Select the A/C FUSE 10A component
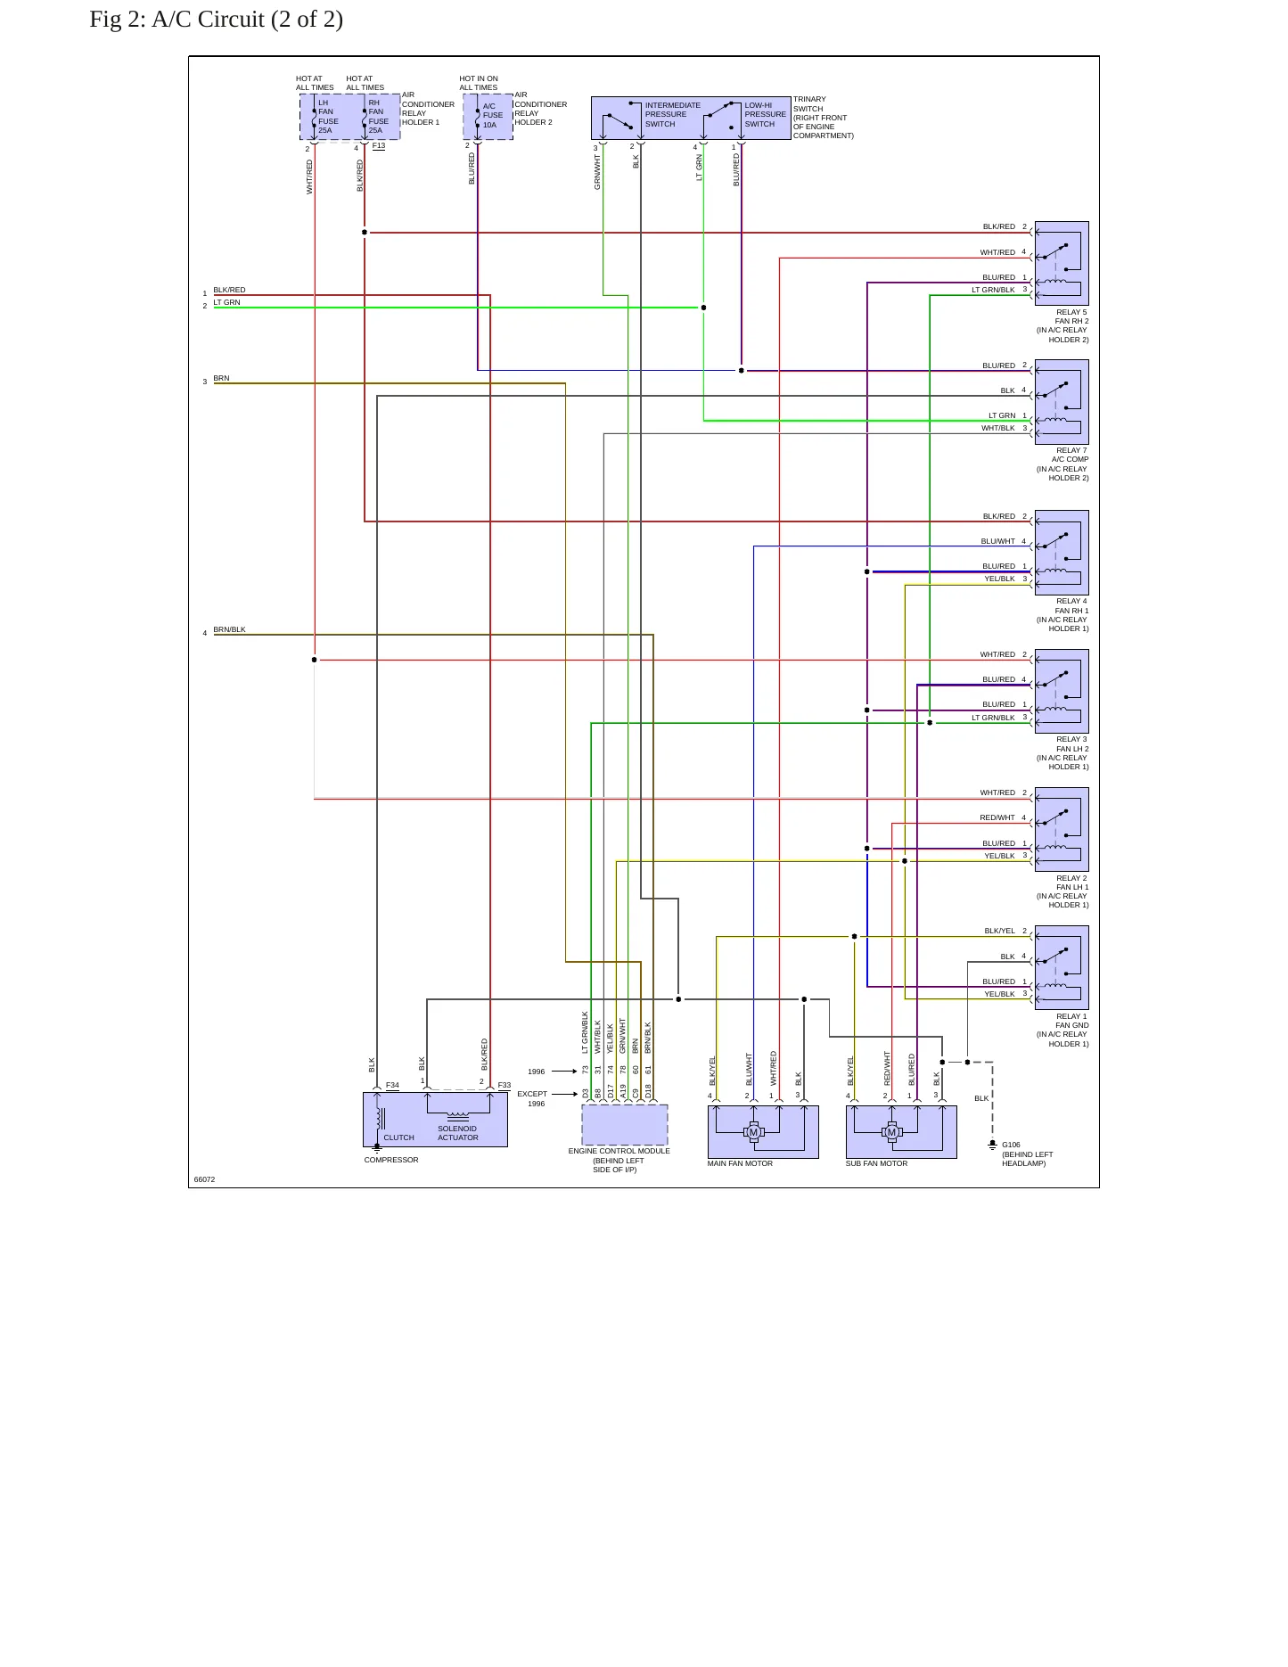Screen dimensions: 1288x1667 488,117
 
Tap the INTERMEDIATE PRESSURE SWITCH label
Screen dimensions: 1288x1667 673,115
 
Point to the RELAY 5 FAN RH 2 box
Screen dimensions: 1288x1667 1062,264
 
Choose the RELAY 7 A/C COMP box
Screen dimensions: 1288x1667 1062,402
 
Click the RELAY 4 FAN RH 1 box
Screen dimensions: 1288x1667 1062,553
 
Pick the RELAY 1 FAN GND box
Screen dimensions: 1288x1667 1062,967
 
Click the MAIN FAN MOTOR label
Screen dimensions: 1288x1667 740,1163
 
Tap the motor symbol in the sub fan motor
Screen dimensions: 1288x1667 891,1132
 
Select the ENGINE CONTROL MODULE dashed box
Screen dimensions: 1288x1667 624,1125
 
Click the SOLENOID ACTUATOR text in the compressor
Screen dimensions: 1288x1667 457,1133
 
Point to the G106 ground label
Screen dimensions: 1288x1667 1011,1145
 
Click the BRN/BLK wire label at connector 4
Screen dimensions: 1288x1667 229,629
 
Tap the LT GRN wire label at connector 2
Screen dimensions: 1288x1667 226,302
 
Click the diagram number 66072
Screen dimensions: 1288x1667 204,1179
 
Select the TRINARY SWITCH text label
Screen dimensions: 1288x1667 809,104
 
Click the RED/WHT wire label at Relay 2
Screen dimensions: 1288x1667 997,817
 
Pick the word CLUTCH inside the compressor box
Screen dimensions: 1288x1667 398,1137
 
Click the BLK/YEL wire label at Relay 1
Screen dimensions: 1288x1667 999,931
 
